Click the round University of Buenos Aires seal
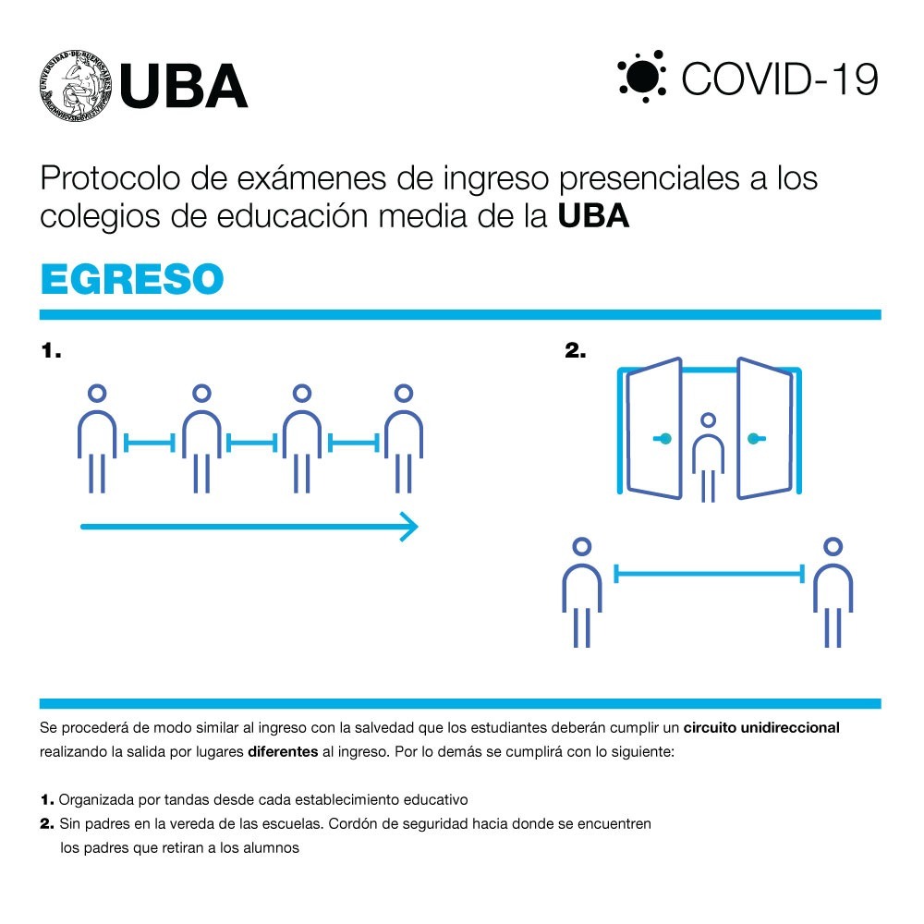coord(76,86)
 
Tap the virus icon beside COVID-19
coord(642,77)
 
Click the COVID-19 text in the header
coord(780,79)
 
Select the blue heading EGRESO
coord(132,279)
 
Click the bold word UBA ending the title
coord(593,215)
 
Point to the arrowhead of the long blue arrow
coord(409,527)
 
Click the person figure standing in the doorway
coord(709,457)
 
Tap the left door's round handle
coord(664,438)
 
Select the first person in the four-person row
coord(97,438)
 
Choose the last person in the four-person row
coord(404,438)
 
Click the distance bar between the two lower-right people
coord(709,574)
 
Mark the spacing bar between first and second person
coord(150,443)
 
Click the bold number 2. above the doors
coord(575,350)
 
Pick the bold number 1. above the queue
coord(51,350)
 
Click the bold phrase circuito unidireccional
coord(761,727)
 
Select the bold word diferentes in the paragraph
coord(283,751)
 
